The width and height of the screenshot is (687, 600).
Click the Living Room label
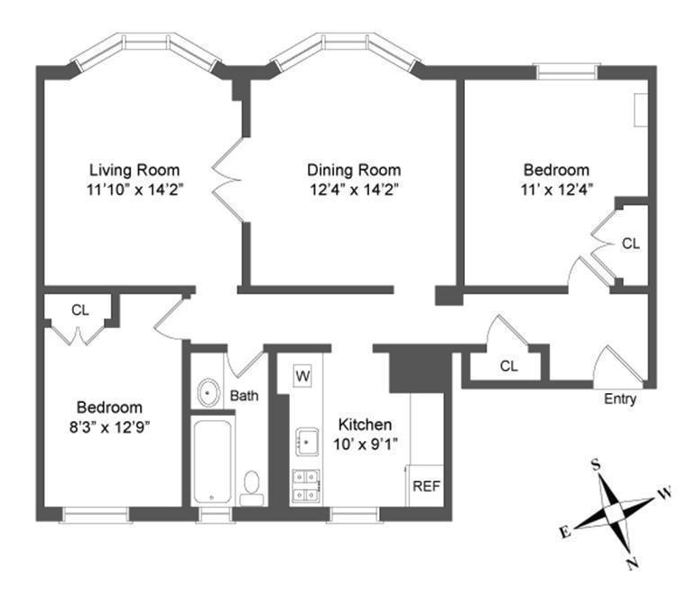[x=135, y=170]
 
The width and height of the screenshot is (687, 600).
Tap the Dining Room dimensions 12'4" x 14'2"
[x=354, y=190]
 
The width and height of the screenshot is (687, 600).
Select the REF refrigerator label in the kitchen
[x=426, y=486]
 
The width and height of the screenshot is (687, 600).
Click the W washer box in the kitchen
[x=302, y=376]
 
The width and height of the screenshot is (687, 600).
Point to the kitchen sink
[x=307, y=442]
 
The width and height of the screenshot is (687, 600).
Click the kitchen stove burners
[x=306, y=486]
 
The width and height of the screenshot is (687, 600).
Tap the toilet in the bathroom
[x=252, y=488]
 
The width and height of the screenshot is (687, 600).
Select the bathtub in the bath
[x=212, y=462]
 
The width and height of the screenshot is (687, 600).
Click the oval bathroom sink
[x=209, y=393]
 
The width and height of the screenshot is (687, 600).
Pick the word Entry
[x=620, y=399]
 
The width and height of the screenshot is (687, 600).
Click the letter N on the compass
[x=632, y=564]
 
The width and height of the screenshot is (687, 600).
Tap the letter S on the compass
[x=596, y=464]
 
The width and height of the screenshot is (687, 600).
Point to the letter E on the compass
[x=565, y=532]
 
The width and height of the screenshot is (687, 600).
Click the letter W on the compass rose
[x=664, y=493]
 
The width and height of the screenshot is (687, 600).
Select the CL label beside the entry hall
[x=508, y=366]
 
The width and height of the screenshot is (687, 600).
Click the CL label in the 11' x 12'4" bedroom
[x=631, y=243]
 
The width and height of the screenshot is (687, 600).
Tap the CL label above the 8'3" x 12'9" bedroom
[x=80, y=311]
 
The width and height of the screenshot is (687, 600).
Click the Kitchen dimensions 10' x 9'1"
[x=366, y=445]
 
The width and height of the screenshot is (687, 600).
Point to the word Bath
[x=244, y=396]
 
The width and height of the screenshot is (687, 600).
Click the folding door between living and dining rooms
[x=227, y=180]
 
